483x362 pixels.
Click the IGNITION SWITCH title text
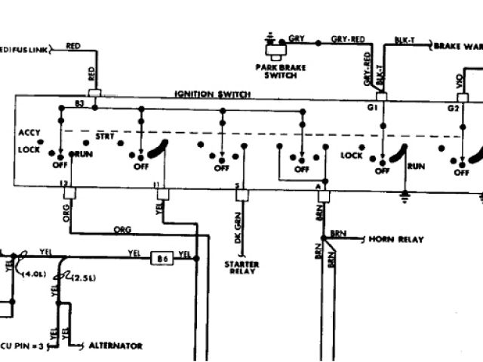(213, 94)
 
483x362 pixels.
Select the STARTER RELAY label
(241, 268)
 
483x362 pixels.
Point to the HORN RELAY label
(395, 239)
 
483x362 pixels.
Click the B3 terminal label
(79, 103)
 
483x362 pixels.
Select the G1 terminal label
(371, 109)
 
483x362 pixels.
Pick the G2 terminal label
(453, 109)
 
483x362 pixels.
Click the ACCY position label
(29, 133)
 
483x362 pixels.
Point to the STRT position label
(103, 137)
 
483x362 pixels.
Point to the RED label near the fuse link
(75, 45)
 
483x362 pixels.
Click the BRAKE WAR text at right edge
(457, 45)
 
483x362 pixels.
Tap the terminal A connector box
(322, 195)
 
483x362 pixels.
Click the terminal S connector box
(241, 195)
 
